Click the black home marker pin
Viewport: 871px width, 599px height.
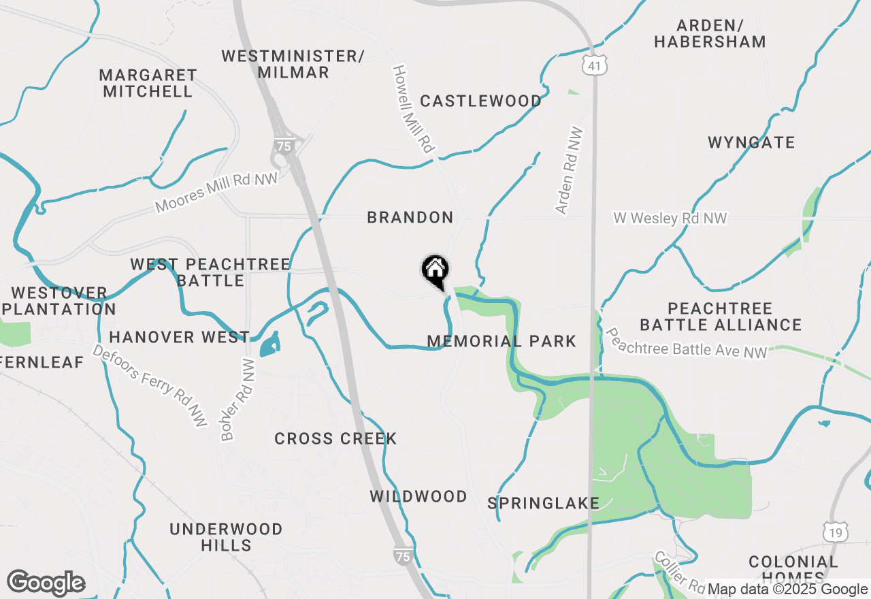click(435, 271)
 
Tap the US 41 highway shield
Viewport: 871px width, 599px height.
click(594, 65)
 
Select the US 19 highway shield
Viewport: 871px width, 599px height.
click(834, 532)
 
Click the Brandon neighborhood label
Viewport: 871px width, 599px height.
click(410, 218)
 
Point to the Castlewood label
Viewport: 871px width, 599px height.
click(480, 101)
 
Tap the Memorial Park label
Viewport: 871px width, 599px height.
click(502, 341)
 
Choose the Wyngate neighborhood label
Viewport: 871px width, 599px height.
click(751, 143)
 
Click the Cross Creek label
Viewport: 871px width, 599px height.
click(335, 439)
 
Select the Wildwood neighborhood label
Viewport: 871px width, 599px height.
click(418, 497)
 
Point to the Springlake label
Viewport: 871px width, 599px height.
click(543, 504)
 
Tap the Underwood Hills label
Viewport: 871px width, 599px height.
click(226, 537)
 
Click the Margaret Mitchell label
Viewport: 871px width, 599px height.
click(148, 83)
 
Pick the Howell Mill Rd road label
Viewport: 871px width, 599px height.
click(413, 109)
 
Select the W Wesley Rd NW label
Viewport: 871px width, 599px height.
click(670, 218)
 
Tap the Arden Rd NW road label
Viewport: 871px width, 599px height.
click(570, 171)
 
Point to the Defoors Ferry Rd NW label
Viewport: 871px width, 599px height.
click(150, 386)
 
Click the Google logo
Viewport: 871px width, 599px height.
click(46, 583)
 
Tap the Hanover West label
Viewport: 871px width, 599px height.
click(179, 337)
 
